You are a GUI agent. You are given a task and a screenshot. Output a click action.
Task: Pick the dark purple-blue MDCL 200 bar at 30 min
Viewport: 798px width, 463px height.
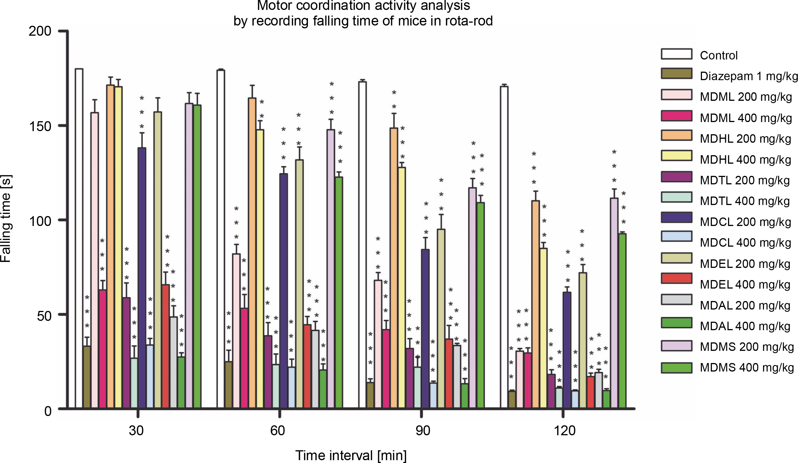142,278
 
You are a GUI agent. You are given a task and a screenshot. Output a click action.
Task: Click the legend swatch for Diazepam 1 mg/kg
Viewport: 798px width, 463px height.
676,73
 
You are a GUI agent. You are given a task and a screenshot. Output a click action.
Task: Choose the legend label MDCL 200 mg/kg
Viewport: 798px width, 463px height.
745,222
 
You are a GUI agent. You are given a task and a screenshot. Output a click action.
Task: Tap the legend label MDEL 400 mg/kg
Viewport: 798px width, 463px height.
745,285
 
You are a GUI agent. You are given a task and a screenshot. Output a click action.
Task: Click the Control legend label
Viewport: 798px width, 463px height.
718,56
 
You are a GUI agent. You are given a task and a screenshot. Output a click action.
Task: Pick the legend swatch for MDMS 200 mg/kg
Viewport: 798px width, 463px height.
676,346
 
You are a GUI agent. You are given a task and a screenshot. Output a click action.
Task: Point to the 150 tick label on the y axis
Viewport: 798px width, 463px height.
40,126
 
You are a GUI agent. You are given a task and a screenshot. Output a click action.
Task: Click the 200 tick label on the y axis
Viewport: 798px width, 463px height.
40,31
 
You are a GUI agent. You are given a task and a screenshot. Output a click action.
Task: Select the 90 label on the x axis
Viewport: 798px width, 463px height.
422,431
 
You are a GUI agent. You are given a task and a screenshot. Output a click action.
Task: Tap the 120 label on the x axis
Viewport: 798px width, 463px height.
564,431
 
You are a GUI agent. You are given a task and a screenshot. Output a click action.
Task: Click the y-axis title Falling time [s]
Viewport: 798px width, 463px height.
6,218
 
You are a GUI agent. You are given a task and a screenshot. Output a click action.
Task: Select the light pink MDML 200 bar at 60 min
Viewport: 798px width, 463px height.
236,331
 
